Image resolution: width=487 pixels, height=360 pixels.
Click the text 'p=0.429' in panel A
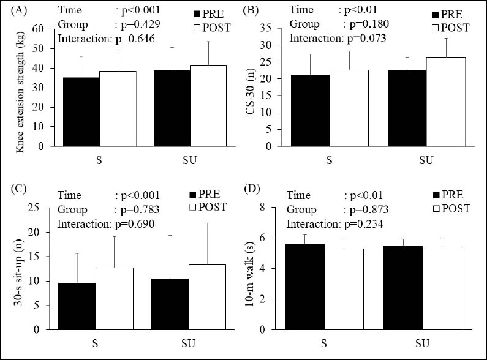click(137, 24)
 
